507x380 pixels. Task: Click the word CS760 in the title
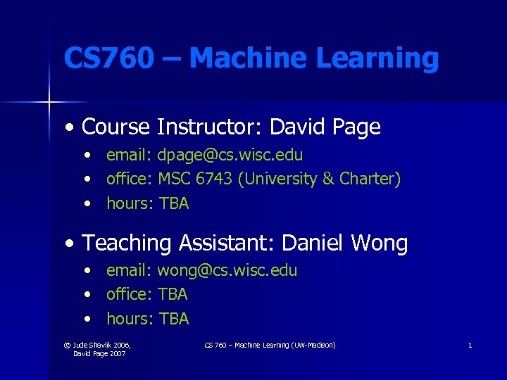[x=108, y=58]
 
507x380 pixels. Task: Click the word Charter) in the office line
[x=370, y=179]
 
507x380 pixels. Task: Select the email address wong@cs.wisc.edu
[x=227, y=270]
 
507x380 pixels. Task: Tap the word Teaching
[x=127, y=243]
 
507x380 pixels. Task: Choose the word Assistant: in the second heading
[x=226, y=243]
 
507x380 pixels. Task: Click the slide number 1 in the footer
[x=470, y=345]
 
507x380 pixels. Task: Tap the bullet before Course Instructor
[x=68, y=128]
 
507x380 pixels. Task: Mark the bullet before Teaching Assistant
[x=68, y=244]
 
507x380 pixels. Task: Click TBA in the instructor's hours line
[x=174, y=203]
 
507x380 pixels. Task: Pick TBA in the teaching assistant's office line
[x=173, y=294]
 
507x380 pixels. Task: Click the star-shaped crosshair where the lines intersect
[x=49, y=103]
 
